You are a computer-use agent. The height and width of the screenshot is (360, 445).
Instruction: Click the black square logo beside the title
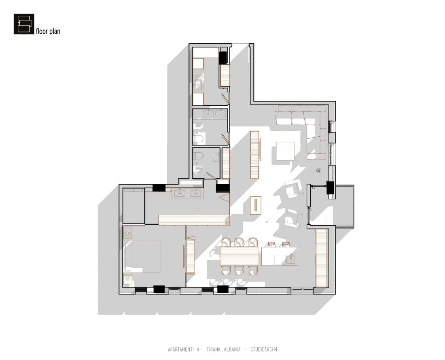click(24, 24)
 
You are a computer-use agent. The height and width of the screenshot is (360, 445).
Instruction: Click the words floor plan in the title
click(48, 31)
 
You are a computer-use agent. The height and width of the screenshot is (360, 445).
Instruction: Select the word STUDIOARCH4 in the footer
click(264, 349)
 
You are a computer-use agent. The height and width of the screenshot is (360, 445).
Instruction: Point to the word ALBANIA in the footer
click(232, 349)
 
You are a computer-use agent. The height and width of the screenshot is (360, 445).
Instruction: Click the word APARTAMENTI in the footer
click(181, 349)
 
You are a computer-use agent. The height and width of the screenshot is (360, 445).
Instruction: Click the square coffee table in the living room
click(285, 151)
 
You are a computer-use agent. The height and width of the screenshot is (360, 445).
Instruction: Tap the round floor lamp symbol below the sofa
click(319, 170)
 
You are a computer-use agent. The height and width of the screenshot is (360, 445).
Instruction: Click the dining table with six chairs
click(240, 256)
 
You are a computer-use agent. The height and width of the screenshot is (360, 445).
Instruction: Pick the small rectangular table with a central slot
click(256, 205)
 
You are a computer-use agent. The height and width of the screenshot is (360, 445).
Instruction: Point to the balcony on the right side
click(345, 206)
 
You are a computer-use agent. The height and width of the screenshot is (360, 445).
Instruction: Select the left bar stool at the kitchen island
click(271, 244)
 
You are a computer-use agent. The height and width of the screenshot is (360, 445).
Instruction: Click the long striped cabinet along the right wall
click(322, 258)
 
